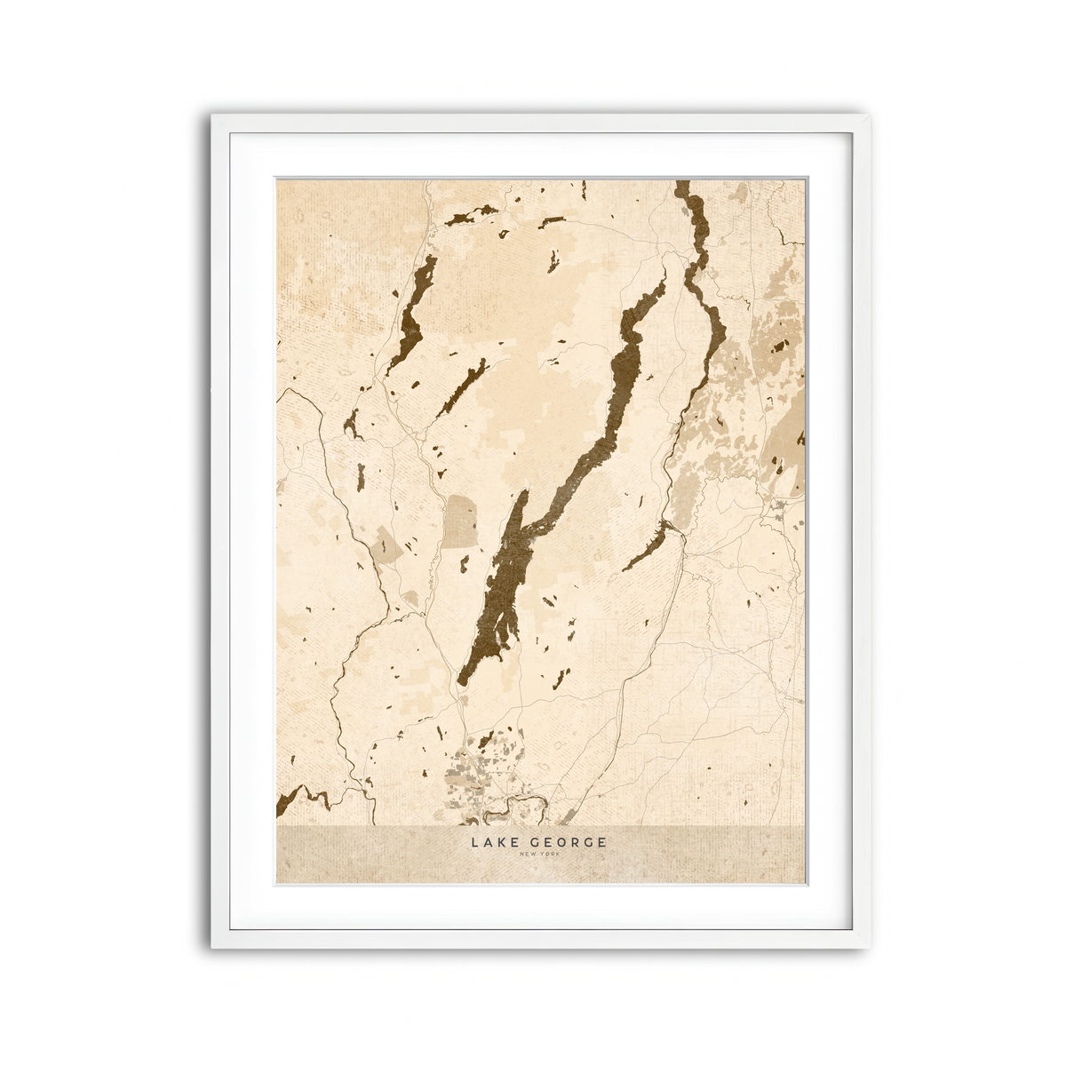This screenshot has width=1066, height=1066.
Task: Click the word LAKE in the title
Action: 491,842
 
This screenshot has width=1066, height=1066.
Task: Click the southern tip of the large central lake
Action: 462,680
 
